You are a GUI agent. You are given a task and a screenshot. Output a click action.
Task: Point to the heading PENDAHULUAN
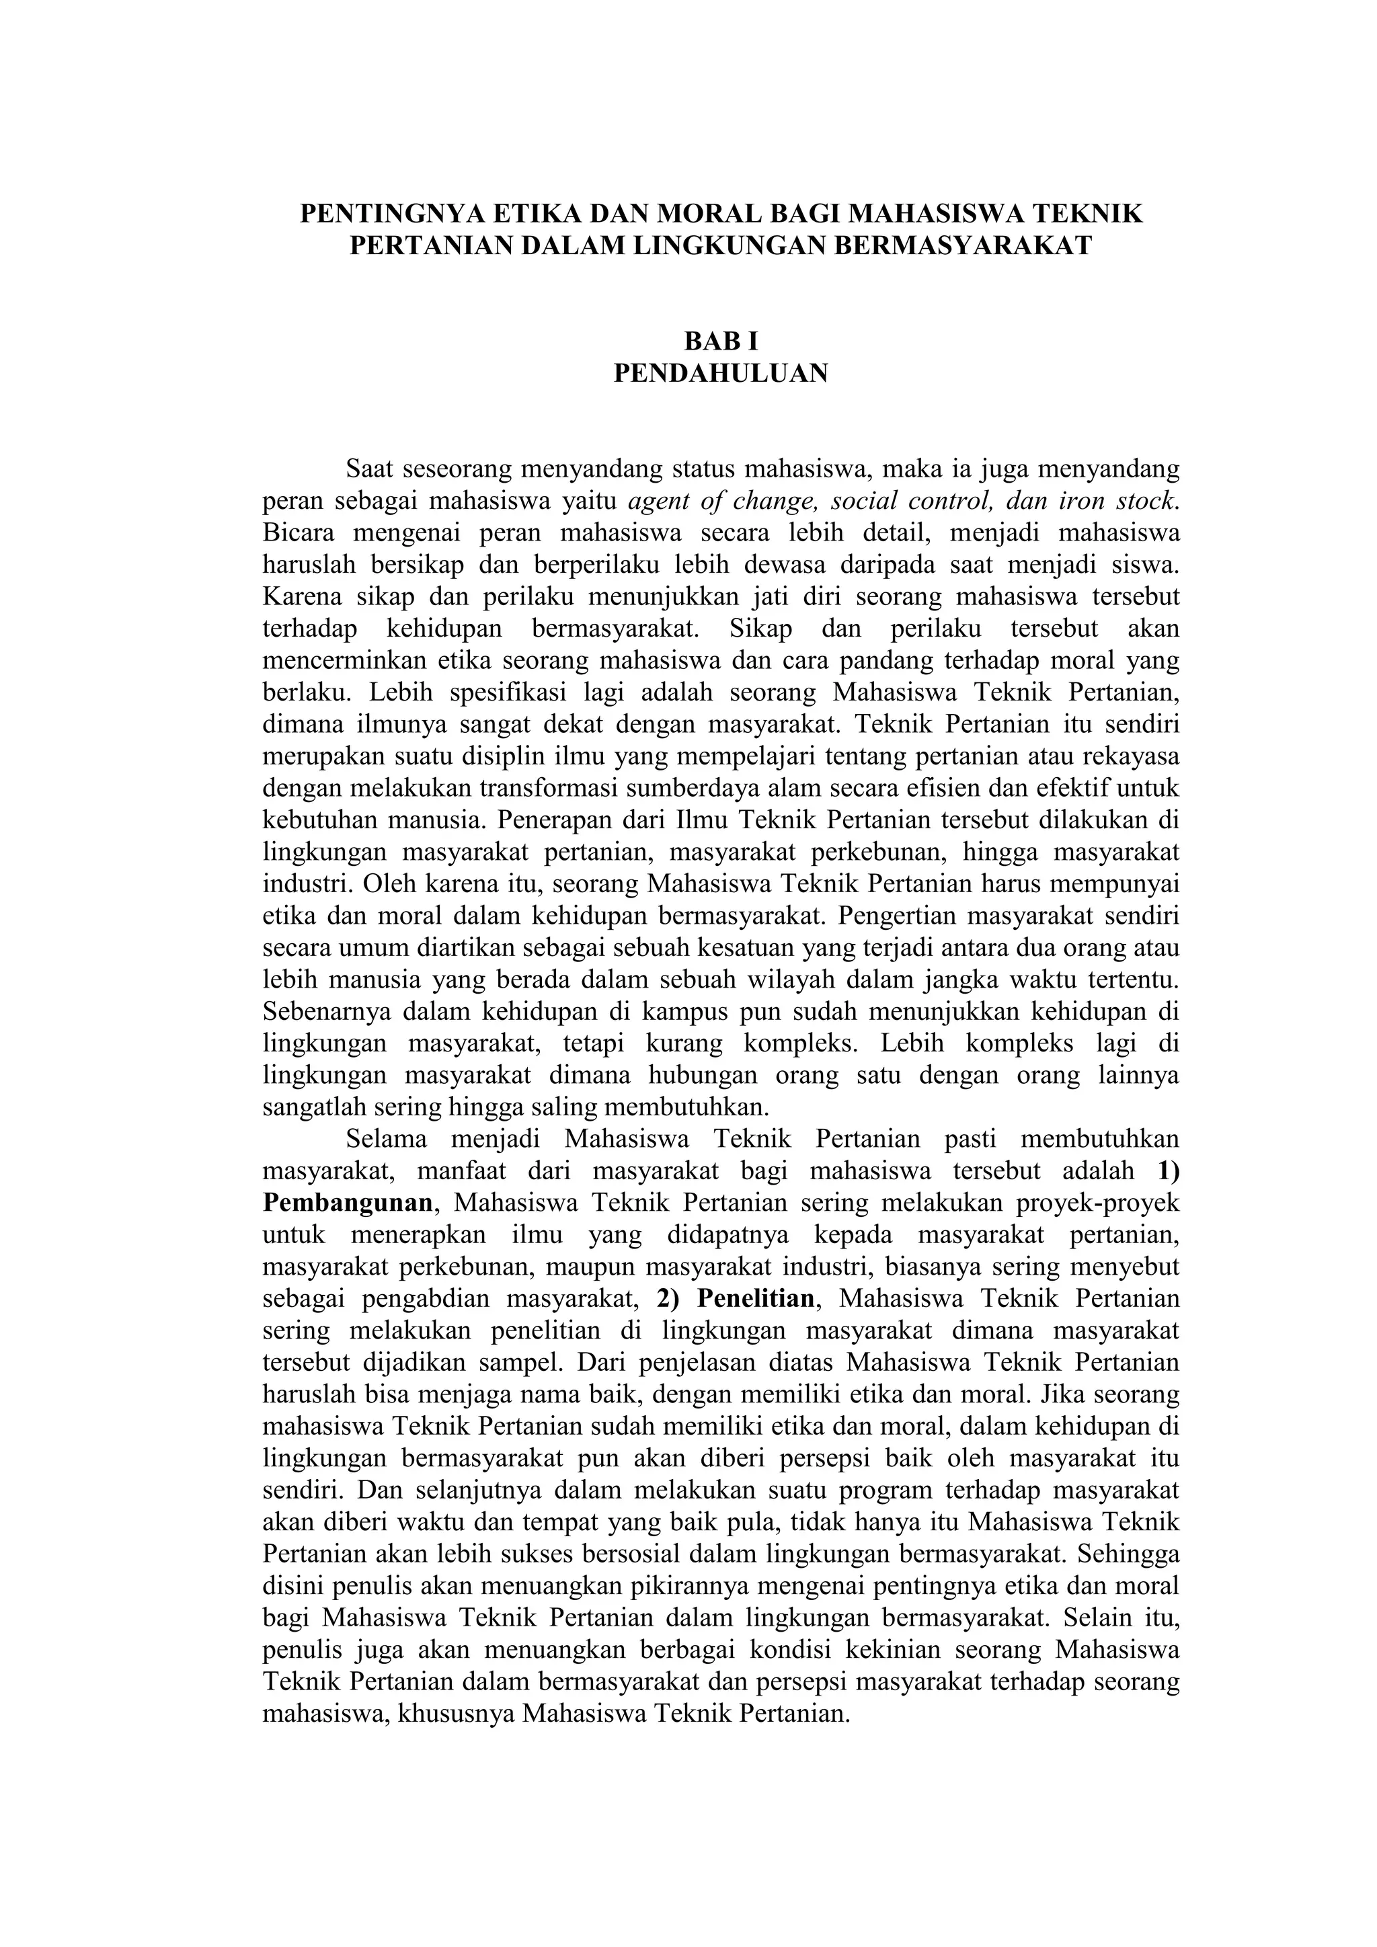click(x=721, y=373)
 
